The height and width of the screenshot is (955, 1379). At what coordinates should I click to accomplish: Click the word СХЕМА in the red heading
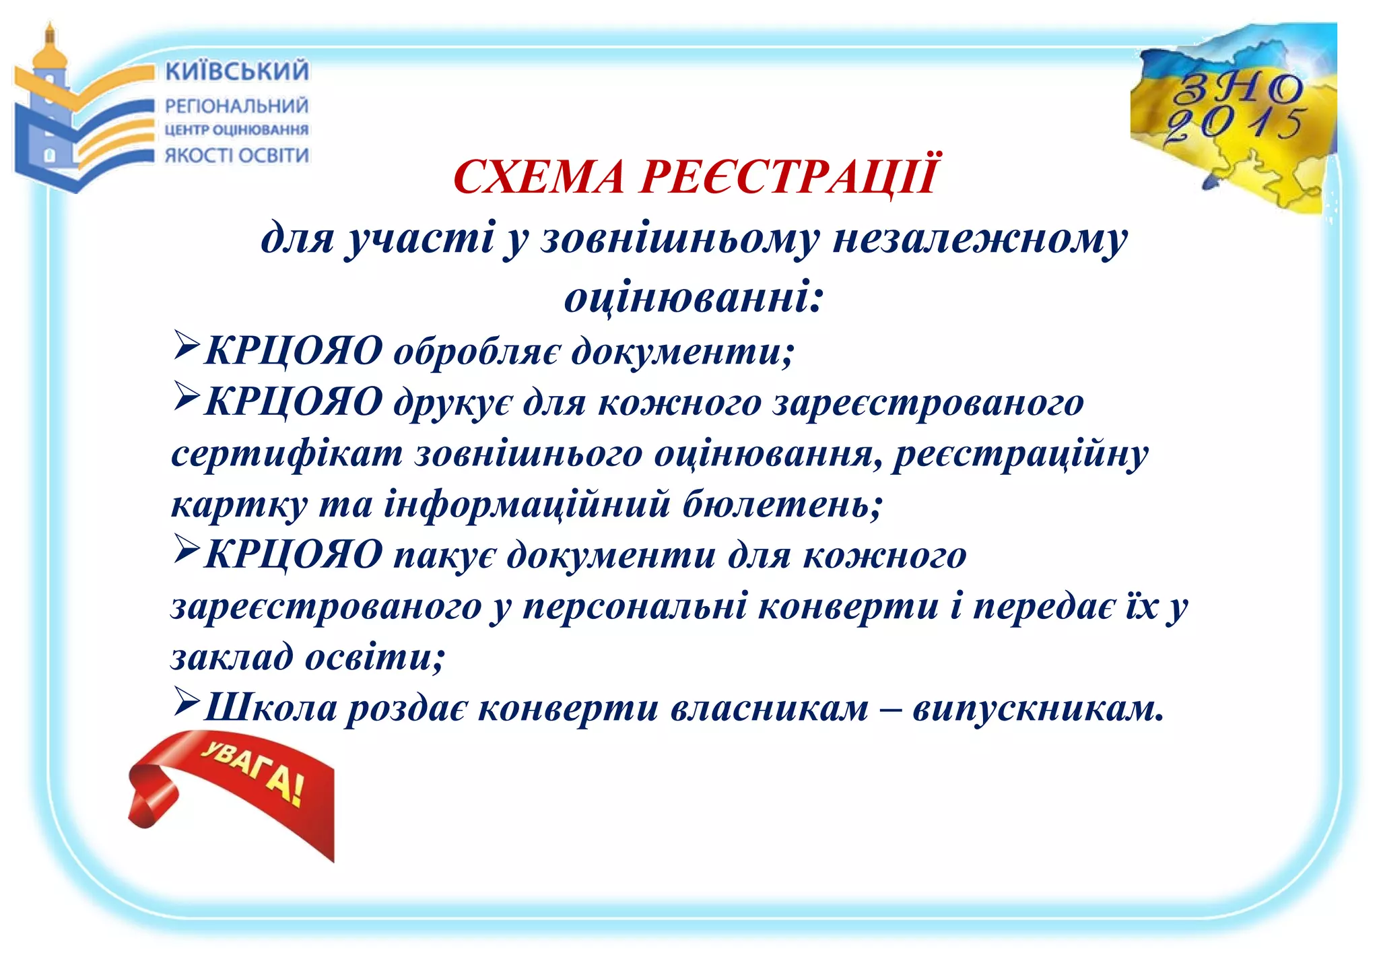(539, 177)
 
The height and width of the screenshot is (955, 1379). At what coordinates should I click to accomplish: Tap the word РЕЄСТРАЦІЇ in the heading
(788, 176)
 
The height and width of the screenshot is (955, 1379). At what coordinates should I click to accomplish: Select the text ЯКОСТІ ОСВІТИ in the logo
(237, 156)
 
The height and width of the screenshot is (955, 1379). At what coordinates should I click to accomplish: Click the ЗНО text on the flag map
(1238, 88)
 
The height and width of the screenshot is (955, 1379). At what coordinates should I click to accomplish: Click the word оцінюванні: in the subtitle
(694, 297)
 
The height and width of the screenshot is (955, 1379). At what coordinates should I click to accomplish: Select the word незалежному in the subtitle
(980, 238)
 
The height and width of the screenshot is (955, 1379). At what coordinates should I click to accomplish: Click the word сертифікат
(287, 453)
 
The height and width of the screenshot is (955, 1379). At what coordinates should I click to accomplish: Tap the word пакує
(444, 556)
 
